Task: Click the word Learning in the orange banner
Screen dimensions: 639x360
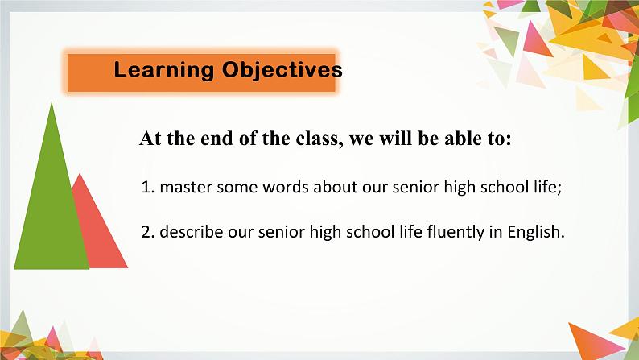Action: (x=164, y=70)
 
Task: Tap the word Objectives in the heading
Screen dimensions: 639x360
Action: (x=282, y=70)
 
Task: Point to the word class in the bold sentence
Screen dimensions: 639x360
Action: (x=316, y=139)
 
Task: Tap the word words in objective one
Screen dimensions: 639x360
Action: (x=286, y=187)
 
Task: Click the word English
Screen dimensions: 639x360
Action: (x=536, y=232)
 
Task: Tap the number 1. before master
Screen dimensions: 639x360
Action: (x=148, y=187)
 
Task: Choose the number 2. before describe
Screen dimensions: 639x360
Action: (x=148, y=232)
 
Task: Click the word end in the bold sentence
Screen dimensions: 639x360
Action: (x=216, y=139)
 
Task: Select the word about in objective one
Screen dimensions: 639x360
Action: (x=334, y=187)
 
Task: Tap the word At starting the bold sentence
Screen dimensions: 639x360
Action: (x=150, y=139)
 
